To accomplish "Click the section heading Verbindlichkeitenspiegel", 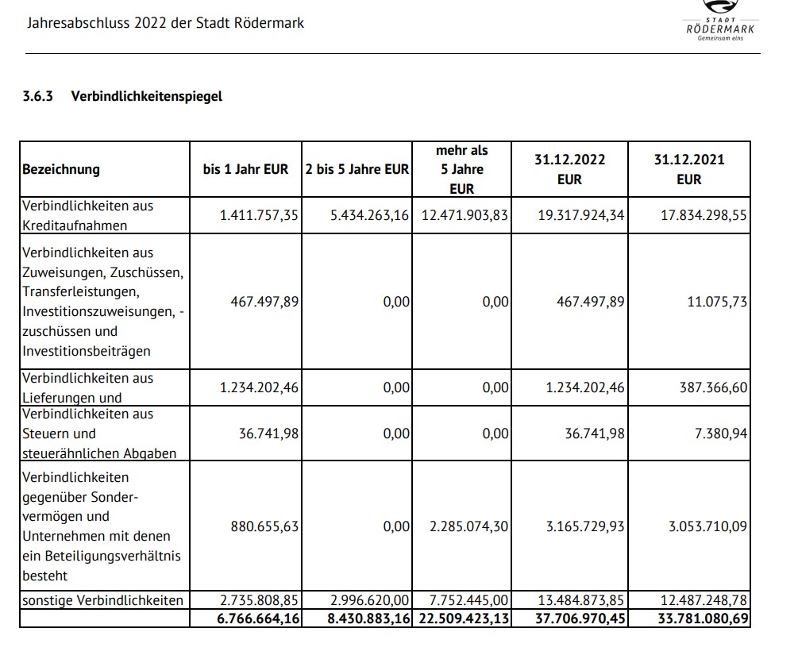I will [x=147, y=96].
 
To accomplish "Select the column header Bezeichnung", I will [x=61, y=169].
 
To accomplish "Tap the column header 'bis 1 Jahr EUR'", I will [x=246, y=169].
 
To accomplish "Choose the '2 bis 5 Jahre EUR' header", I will [x=357, y=169].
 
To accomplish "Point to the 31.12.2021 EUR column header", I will [x=688, y=169].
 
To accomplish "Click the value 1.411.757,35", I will [x=260, y=215].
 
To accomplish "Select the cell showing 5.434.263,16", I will [x=369, y=215].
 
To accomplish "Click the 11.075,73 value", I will [x=718, y=302].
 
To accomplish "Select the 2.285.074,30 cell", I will [x=468, y=526].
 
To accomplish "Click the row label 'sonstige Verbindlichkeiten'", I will [x=102, y=600].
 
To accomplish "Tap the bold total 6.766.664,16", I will [x=258, y=618].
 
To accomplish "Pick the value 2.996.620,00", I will [x=369, y=600].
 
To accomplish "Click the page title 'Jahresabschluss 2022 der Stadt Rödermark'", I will [x=165, y=22].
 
